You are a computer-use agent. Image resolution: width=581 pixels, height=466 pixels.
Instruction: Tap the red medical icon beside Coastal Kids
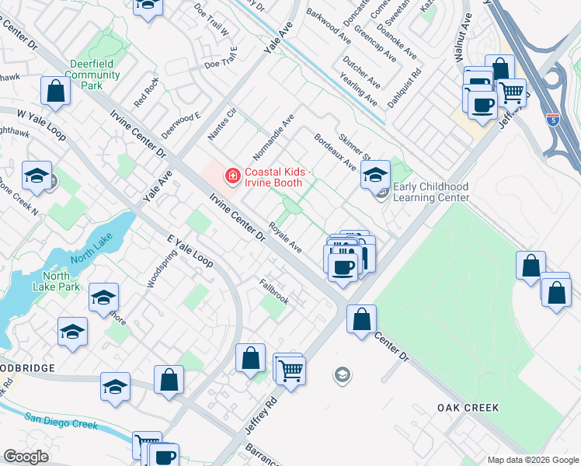[231, 177]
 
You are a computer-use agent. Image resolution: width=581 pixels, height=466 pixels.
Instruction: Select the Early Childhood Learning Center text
[431, 192]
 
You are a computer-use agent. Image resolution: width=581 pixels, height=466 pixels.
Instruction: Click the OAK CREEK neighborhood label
[468, 408]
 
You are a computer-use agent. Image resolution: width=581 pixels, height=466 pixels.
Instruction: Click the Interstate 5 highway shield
[552, 120]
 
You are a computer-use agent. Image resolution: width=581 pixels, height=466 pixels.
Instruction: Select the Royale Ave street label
[285, 238]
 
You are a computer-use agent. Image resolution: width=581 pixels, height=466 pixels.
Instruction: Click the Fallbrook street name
[274, 291]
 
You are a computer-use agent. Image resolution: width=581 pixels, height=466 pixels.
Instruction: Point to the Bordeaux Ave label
[335, 152]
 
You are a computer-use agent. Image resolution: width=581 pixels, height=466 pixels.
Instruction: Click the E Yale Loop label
[190, 248]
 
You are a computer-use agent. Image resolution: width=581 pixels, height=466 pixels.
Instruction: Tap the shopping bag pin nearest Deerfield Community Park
[57, 91]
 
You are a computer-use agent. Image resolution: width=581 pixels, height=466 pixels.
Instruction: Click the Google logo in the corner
[26, 457]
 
